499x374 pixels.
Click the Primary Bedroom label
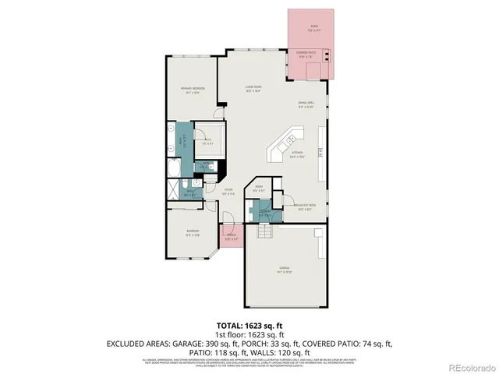pyautogui.click(x=193, y=90)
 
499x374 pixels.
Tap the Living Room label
pyautogui.click(x=253, y=87)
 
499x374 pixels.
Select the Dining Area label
pyautogui.click(x=305, y=104)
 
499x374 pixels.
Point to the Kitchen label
pyautogui.click(x=296, y=153)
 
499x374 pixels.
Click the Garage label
pyautogui.click(x=284, y=270)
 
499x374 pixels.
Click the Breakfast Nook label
pyautogui.click(x=310, y=207)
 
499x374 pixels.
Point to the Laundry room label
pyautogui.click(x=264, y=212)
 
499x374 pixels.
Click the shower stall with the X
pyautogui.click(x=173, y=190)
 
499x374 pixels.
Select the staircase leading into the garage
pyautogui.click(x=265, y=231)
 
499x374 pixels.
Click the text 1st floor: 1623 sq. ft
pyautogui.click(x=249, y=333)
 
